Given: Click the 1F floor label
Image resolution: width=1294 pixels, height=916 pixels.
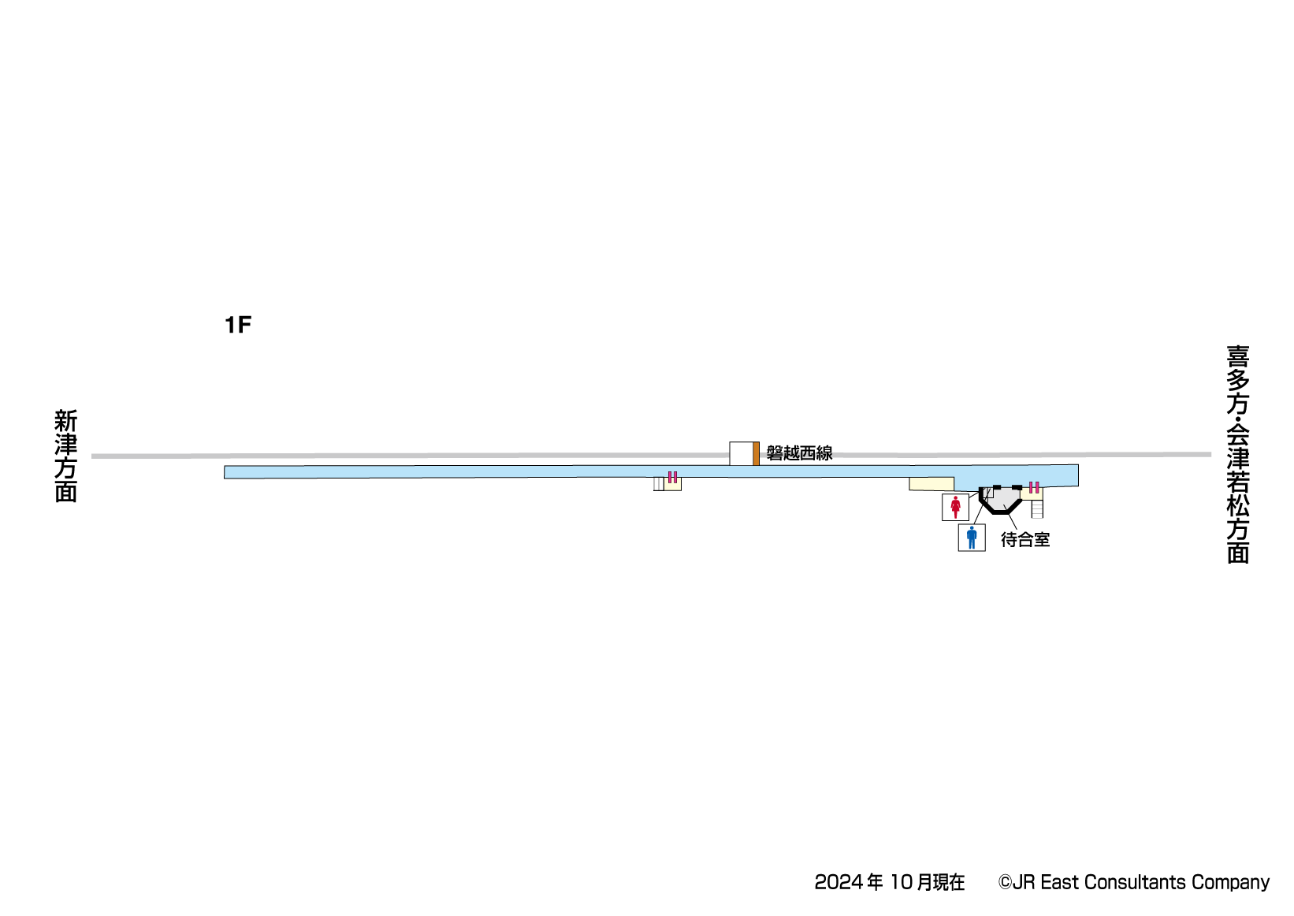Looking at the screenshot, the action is [x=238, y=326].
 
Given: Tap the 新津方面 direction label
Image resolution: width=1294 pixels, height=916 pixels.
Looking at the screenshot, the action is [x=66, y=456].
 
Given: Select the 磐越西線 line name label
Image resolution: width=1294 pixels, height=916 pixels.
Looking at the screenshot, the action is [x=800, y=453].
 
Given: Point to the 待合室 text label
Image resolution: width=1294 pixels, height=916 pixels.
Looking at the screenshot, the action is [x=1025, y=540].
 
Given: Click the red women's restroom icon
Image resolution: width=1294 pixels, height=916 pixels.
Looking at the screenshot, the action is [x=955, y=508].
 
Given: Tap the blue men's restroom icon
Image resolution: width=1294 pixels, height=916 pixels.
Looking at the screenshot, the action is [x=972, y=538].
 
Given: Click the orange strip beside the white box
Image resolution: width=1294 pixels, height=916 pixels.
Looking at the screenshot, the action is [x=756, y=454].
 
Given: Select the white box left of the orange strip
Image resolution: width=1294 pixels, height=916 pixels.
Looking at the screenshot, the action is [x=741, y=454].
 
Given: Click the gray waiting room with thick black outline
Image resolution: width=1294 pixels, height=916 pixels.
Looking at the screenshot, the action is [x=1001, y=499].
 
